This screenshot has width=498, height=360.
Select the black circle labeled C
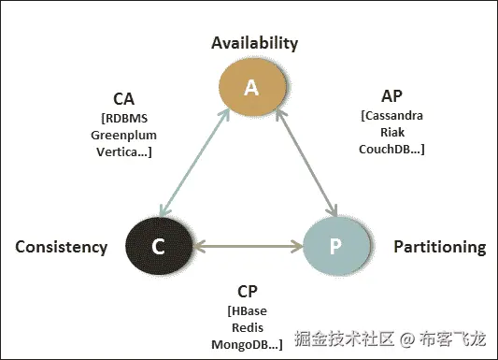[x=158, y=247]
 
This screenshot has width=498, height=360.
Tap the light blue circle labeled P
[x=336, y=247]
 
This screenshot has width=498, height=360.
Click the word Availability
[x=255, y=43]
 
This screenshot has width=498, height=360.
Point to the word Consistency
[x=62, y=247]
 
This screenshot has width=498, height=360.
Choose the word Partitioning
[x=439, y=247]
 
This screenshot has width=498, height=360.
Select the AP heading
[x=392, y=96]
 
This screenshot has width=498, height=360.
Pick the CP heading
[x=249, y=291]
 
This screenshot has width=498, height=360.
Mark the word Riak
[x=392, y=132]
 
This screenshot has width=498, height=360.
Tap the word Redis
[x=249, y=328]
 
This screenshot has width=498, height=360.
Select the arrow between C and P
[x=247, y=248]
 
